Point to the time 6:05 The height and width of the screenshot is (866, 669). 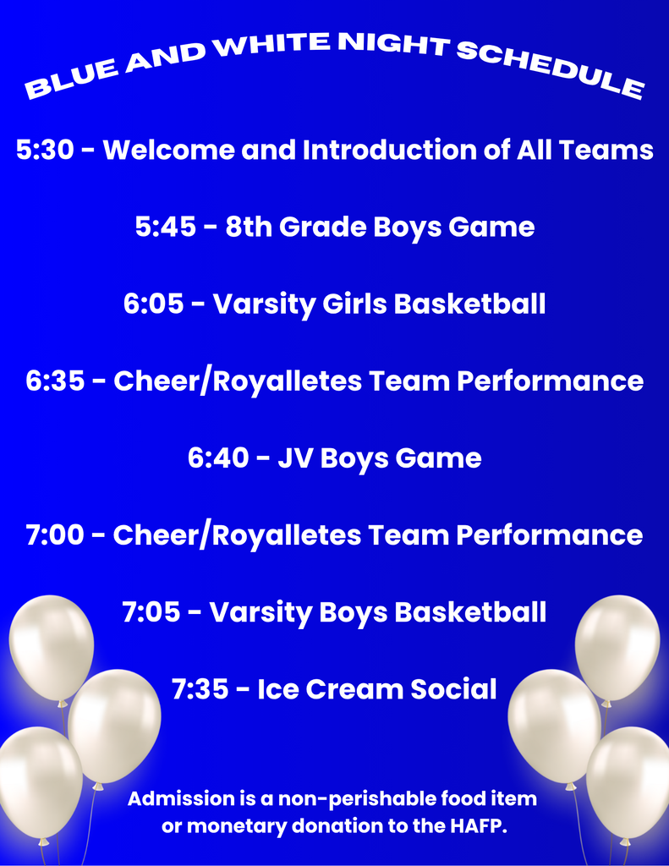click(154, 304)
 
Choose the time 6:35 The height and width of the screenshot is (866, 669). click(56, 381)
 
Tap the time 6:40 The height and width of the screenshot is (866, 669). click(218, 458)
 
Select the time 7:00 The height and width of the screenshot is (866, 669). click(56, 535)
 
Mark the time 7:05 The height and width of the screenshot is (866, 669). click(152, 612)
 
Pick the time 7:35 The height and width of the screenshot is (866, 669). click(200, 689)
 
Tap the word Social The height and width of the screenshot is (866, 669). click(453, 689)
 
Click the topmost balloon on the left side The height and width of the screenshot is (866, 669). click(52, 646)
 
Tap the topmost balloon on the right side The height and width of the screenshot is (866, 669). click(617, 646)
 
